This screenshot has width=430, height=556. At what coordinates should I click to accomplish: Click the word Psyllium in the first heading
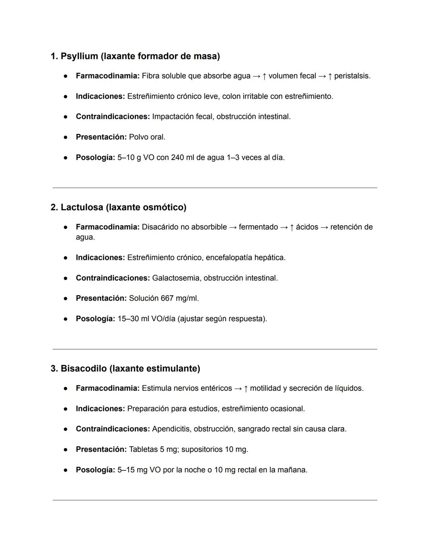click(x=79, y=57)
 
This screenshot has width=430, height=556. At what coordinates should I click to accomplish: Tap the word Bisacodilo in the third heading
click(x=84, y=369)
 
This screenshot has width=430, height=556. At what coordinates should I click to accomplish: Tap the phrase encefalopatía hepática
click(x=245, y=258)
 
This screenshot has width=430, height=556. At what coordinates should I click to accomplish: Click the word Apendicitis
click(x=170, y=429)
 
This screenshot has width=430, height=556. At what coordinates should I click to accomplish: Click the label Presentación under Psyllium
click(x=101, y=137)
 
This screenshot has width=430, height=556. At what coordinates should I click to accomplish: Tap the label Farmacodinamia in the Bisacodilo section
click(x=107, y=388)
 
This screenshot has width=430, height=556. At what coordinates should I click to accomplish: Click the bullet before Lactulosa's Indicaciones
click(x=65, y=258)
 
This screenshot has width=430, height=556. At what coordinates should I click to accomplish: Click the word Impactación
click(x=172, y=117)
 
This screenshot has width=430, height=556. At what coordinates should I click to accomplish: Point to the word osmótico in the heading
click(x=162, y=207)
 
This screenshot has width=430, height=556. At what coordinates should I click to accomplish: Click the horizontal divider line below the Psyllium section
click(x=215, y=188)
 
